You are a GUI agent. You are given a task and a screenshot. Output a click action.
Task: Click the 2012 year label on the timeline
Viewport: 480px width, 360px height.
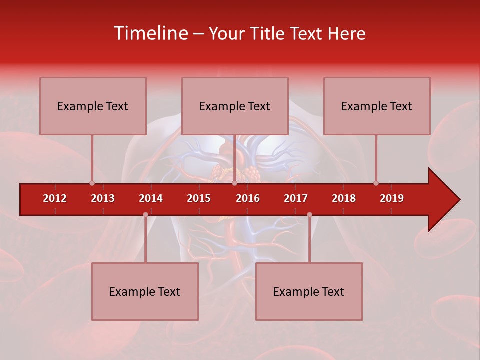(x=55, y=198)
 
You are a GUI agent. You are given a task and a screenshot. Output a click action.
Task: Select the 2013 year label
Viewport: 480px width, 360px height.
(x=103, y=198)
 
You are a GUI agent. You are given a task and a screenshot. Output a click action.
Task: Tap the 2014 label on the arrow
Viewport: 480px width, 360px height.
(x=151, y=198)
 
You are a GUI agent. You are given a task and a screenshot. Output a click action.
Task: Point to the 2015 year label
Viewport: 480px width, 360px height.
(x=199, y=198)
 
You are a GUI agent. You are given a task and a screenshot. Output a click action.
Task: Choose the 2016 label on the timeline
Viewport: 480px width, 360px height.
(x=248, y=198)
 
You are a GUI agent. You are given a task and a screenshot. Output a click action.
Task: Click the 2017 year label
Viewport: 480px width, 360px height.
(x=296, y=198)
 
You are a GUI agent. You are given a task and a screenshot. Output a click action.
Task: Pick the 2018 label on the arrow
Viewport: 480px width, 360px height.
(x=344, y=198)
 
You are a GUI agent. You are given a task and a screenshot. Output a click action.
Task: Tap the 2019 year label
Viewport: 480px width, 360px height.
(x=392, y=198)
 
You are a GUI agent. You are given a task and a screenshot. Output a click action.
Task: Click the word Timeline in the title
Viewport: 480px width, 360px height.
(x=150, y=33)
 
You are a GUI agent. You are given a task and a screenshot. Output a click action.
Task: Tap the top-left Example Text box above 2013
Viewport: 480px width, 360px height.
(x=93, y=106)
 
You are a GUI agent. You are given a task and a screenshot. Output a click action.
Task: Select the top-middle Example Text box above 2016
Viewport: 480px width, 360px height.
(x=235, y=106)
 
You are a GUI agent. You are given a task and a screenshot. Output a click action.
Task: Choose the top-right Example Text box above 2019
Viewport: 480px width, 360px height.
(x=377, y=106)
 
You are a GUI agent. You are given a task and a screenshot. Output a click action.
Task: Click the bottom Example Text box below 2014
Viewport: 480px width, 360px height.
(x=145, y=291)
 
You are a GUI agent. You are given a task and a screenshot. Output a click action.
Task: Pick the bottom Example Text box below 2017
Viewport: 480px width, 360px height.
(x=309, y=291)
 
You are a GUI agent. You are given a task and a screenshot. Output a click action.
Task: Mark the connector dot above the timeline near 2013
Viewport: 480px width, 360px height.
(x=92, y=183)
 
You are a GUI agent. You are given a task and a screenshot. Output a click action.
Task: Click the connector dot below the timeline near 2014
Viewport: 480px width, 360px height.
(x=145, y=215)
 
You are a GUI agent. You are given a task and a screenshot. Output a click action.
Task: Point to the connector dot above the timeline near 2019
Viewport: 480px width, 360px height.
(x=376, y=183)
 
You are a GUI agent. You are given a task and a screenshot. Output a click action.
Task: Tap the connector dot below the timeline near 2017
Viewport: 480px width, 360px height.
(x=309, y=215)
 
